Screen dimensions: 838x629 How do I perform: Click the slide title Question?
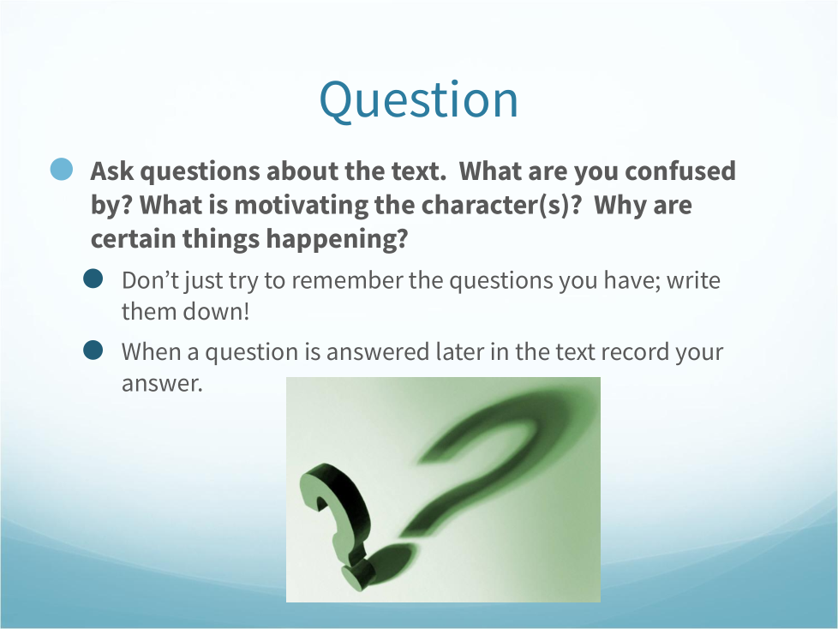click(418, 100)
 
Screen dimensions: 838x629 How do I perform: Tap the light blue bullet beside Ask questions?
click(62, 170)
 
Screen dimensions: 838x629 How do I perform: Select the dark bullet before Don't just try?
click(93, 279)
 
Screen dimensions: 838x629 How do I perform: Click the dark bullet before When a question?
click(93, 350)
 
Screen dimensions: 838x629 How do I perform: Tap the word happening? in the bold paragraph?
click(337, 239)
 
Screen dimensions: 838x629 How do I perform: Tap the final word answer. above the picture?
click(162, 383)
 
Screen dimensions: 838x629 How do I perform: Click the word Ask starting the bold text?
click(112, 171)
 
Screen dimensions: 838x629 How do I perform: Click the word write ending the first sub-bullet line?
click(693, 280)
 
